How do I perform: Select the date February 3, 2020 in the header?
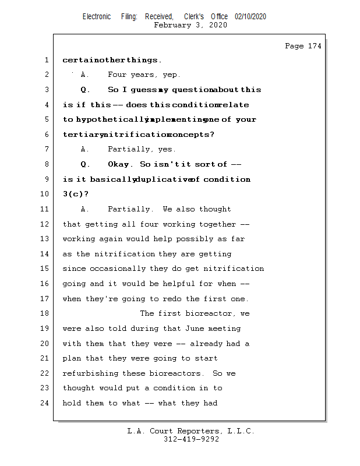pyautogui.click(x=190, y=25)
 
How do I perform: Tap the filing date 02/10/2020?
pyautogui.click(x=250, y=16)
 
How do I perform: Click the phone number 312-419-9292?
pyautogui.click(x=191, y=439)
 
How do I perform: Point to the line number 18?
pyautogui.click(x=45, y=313)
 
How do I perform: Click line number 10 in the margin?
pyautogui.click(x=45, y=195)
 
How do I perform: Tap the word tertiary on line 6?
pyautogui.click(x=80, y=135)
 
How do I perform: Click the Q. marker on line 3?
pyautogui.click(x=85, y=90)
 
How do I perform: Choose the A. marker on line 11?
pyautogui.click(x=85, y=209)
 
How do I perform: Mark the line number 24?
pyautogui.click(x=45, y=403)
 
